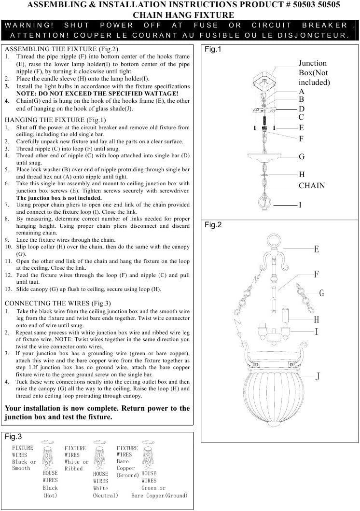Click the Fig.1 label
point(213,49)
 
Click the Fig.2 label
point(213,225)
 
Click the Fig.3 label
point(13,437)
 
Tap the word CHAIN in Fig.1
point(312,186)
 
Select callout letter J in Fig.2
point(318,377)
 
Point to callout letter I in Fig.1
point(300,205)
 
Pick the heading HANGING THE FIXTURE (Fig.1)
point(55,120)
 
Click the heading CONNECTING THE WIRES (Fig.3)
point(57,304)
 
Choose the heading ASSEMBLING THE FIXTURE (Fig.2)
point(62,49)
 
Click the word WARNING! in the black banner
point(29,25)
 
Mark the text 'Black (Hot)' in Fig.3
point(50,492)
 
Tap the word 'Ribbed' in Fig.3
point(74,469)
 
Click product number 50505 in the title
point(327,4)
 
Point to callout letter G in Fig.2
point(321,293)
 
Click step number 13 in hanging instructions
point(8,289)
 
